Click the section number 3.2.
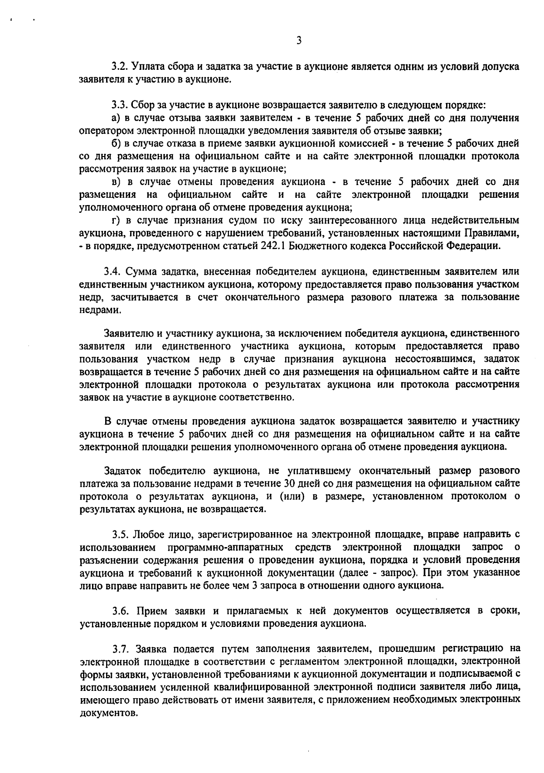tap(121, 67)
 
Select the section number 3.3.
tap(121, 105)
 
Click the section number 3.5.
tap(121, 533)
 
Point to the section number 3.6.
tap(121, 611)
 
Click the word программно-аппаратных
tap(226, 546)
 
